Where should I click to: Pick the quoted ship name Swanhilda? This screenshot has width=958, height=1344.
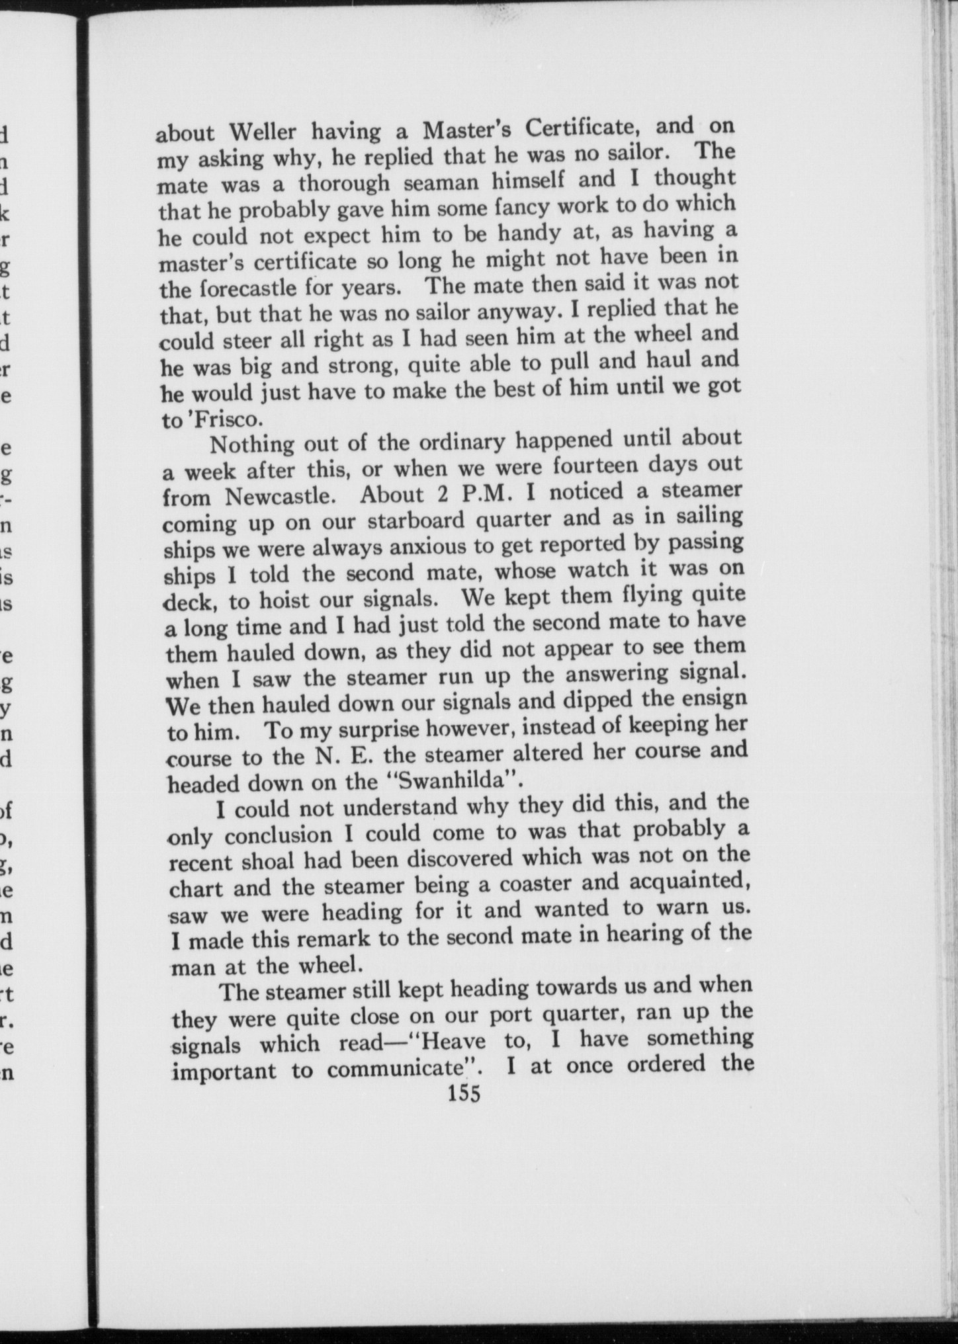[x=453, y=781]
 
